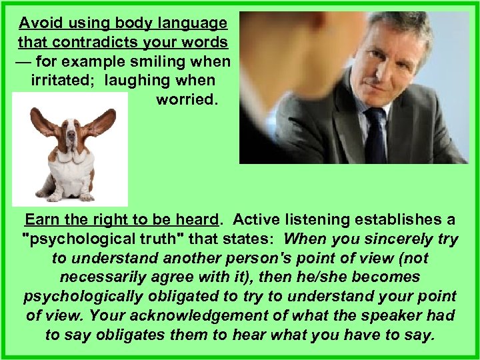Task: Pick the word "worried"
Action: pyautogui.click(x=186, y=101)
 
